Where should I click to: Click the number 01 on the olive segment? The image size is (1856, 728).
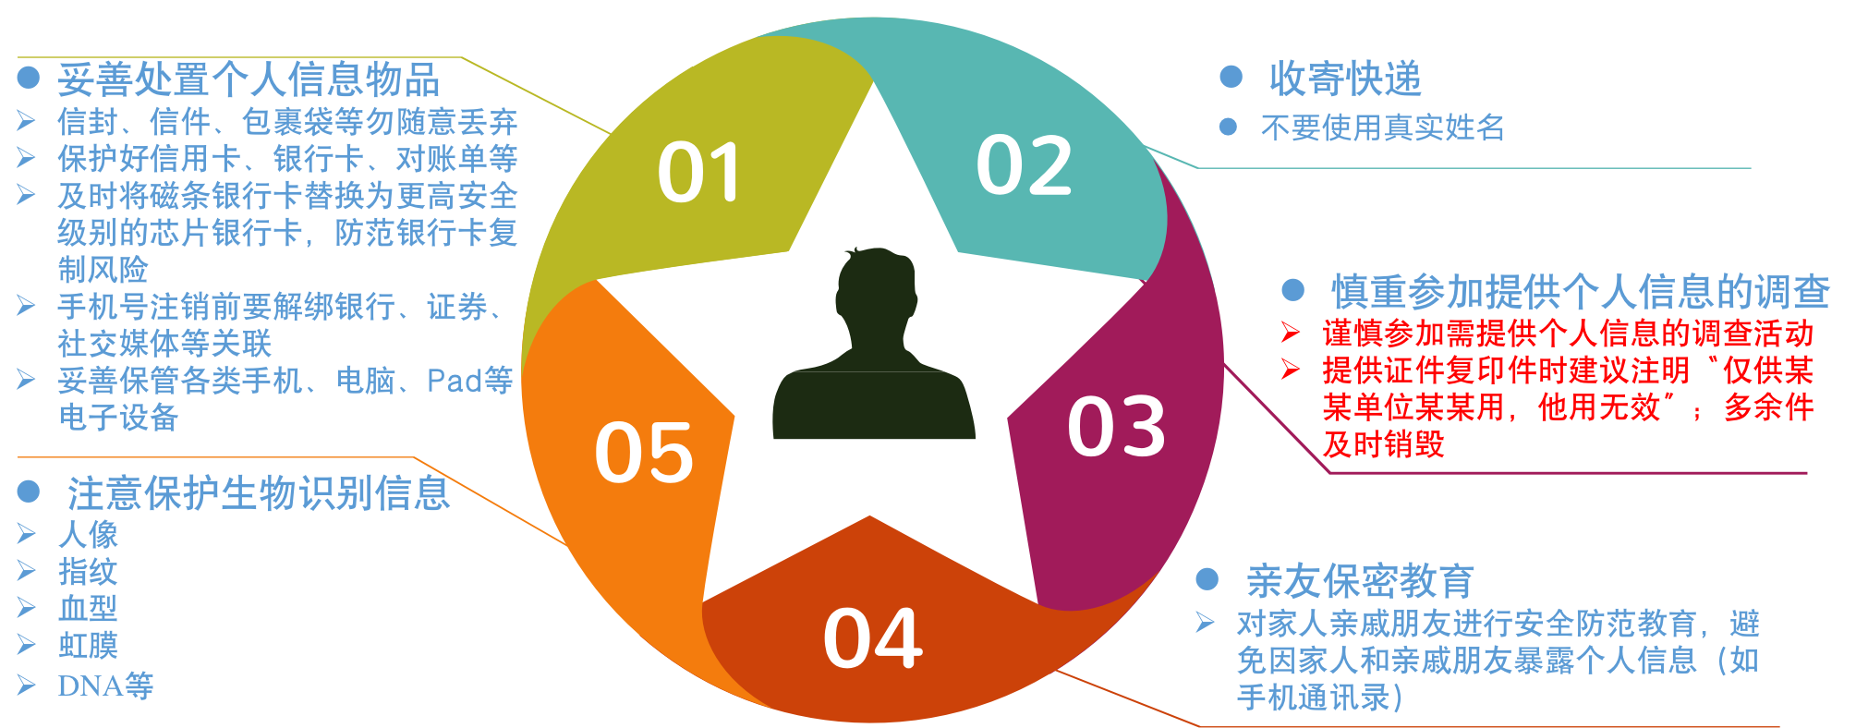click(699, 173)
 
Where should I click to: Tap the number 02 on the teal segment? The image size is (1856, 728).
click(1024, 165)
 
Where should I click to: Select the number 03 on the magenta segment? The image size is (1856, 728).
click(1116, 427)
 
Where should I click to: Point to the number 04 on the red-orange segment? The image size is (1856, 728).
click(872, 638)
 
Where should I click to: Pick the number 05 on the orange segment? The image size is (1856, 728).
click(644, 453)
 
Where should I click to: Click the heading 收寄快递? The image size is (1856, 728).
click(1345, 79)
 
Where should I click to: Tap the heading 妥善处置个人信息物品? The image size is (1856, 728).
click(249, 80)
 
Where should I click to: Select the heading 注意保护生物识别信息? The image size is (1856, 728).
click(259, 493)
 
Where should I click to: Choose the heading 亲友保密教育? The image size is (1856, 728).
click(1360, 581)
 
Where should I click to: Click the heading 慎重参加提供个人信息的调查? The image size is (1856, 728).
click(1580, 292)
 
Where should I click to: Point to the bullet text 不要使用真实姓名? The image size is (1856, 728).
click(1383, 127)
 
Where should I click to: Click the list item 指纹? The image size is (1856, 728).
click(88, 571)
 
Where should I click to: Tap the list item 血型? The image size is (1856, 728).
click(88, 608)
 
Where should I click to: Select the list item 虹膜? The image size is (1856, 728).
click(88, 645)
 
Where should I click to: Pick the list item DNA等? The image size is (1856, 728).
click(105, 686)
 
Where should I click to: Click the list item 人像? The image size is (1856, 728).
click(88, 534)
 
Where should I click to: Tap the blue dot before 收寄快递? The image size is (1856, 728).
click(1231, 77)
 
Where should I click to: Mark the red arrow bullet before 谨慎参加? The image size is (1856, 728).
click(1291, 333)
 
